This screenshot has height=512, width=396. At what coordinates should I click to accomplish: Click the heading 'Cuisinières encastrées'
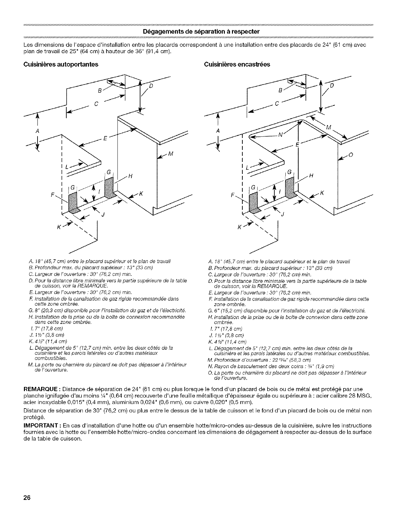(x=237, y=64)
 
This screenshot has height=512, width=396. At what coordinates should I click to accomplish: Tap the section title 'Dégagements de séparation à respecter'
(x=198, y=32)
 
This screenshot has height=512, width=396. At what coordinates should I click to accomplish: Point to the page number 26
(x=27, y=498)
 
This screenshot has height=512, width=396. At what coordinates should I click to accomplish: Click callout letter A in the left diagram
(x=37, y=131)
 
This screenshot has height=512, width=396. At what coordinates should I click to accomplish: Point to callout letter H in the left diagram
(x=130, y=176)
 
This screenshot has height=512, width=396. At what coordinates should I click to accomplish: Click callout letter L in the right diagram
(x=247, y=167)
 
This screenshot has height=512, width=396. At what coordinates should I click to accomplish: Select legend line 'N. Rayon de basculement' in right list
(x=272, y=366)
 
